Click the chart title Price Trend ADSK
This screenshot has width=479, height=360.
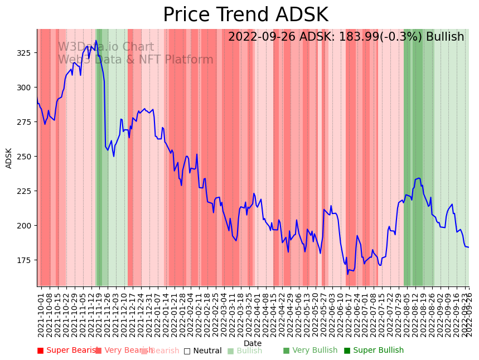(x=245, y=15)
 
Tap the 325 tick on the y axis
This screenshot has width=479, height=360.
(x=27, y=53)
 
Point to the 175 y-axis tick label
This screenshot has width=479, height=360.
(x=27, y=260)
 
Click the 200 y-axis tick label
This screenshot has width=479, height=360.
(x=27, y=226)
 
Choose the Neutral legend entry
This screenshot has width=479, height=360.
(x=203, y=351)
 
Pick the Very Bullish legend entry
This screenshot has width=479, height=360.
(x=310, y=351)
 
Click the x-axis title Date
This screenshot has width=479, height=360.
(x=253, y=343)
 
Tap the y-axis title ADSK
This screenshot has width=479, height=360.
(x=9, y=158)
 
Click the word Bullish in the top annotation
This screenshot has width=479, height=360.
(x=445, y=37)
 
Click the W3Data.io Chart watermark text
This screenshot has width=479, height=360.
(x=106, y=47)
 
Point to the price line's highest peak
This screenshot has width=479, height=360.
(x=95, y=40)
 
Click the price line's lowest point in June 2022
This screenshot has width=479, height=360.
(x=347, y=274)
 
